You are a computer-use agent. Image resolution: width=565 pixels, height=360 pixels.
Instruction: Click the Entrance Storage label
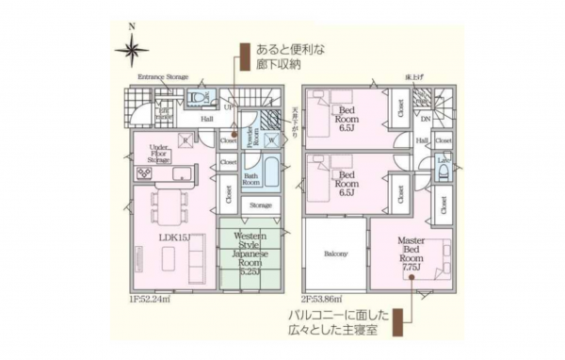coord(163,76)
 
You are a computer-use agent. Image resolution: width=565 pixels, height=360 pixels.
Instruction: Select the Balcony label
coord(336,254)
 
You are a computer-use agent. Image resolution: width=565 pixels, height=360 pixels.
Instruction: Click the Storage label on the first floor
coord(260,205)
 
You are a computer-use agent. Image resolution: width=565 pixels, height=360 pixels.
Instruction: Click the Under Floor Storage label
coord(158,154)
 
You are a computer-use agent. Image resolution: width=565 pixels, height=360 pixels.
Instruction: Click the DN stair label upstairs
coord(426,119)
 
